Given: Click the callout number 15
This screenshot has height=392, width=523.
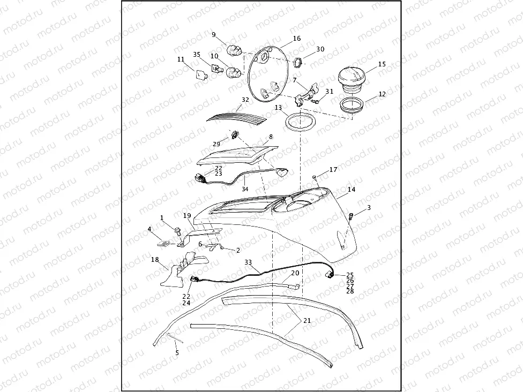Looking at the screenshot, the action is (x=382, y=64).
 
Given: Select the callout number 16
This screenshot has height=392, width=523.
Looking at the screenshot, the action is (x=297, y=39).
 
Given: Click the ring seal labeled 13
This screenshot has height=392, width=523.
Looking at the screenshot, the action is (x=300, y=122).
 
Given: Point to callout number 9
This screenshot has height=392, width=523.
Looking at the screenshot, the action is (x=214, y=34).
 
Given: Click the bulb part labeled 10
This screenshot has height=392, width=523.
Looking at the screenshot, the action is (x=233, y=72).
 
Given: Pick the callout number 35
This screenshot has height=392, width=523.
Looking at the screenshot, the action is (x=197, y=54).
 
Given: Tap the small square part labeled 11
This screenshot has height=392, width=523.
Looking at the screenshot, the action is (x=200, y=75).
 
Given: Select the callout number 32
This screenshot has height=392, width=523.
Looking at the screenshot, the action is (x=245, y=100).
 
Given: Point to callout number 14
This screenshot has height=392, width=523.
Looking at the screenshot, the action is (x=352, y=190).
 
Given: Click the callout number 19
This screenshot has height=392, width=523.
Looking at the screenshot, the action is (x=187, y=216).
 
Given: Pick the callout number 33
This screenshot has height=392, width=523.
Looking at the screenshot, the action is (x=248, y=262).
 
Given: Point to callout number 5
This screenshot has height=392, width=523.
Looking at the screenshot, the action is (x=177, y=352).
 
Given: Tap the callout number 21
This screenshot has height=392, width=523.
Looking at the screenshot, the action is (x=307, y=320).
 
